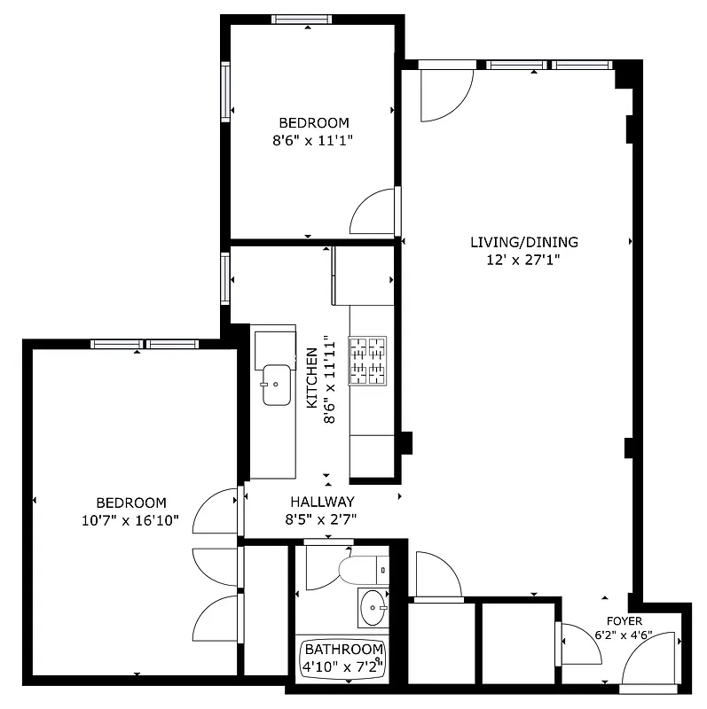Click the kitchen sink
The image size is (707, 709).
[x=276, y=384]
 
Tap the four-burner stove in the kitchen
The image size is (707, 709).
[x=368, y=361]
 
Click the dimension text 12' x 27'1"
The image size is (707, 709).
[x=523, y=260]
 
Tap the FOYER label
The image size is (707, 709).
[x=624, y=621]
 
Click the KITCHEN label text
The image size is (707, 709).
[x=312, y=378]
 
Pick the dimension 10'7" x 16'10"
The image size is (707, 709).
[x=130, y=520]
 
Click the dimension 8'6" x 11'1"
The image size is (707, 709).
[x=313, y=140]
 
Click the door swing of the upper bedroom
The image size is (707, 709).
[x=374, y=213]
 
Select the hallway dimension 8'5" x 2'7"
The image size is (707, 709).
[x=320, y=520]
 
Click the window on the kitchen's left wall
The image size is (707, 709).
[x=224, y=277]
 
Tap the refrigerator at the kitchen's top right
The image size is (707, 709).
[x=364, y=276]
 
